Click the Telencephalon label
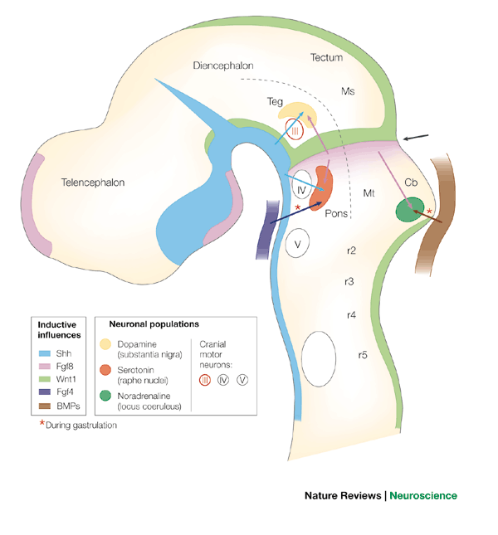click(91, 182)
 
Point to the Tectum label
click(326, 58)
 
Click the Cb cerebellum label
click(410, 182)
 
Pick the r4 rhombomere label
click(351, 314)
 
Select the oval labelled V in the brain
click(296, 244)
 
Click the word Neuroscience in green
click(423, 496)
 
